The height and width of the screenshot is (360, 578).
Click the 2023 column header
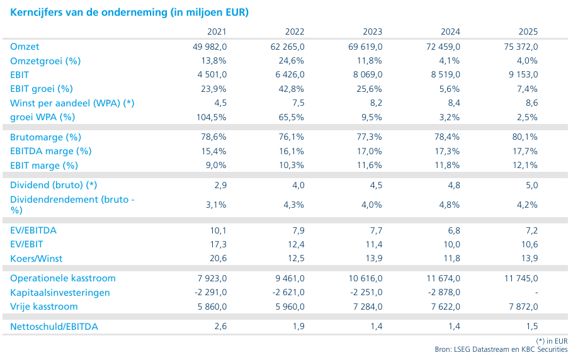click(372, 31)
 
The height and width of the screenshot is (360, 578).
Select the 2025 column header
click(528, 31)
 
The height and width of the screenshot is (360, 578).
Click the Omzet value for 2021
click(210, 47)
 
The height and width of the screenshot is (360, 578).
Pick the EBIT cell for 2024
click(445, 75)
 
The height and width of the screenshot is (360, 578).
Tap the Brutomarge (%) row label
click(45, 137)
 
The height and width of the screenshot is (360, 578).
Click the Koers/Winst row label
click(36, 259)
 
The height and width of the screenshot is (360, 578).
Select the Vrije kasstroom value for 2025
click(523, 307)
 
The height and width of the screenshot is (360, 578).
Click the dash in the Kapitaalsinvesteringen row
click(536, 293)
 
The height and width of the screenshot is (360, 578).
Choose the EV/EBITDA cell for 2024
click(454, 231)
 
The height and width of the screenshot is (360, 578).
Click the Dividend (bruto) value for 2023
click(376, 185)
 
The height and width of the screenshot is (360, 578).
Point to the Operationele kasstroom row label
click(63, 279)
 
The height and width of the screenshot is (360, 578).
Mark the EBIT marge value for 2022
click(292, 166)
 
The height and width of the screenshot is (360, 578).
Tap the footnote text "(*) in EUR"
click(552, 341)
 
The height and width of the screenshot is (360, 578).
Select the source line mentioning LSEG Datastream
click(501, 349)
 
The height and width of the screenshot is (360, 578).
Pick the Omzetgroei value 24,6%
click(292, 61)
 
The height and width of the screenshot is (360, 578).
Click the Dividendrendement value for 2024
click(450, 205)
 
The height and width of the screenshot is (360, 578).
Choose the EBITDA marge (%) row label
click(50, 152)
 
